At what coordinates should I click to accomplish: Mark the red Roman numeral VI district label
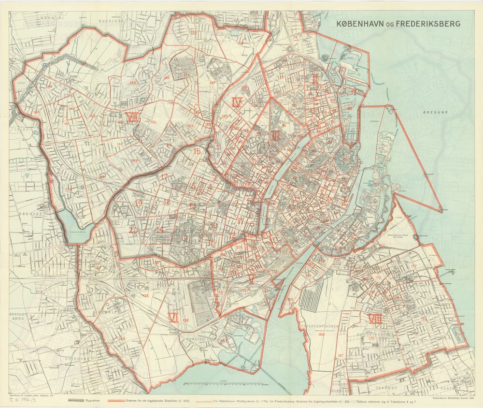pos(173,317)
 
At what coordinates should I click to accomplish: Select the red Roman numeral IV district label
pos(237,102)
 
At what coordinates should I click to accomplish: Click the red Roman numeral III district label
pos(275,137)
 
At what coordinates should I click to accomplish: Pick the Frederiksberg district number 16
pos(197,151)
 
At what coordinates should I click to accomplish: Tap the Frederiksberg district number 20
pos(133,230)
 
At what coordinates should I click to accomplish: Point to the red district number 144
pos(49,87)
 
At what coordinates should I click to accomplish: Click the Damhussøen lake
pos(71,223)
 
